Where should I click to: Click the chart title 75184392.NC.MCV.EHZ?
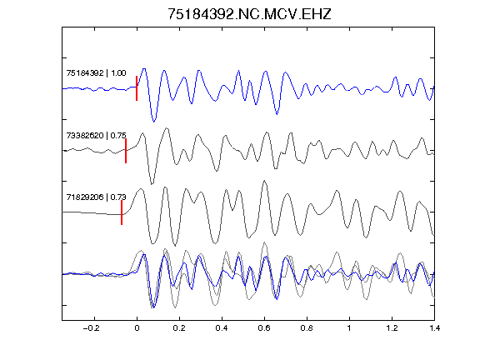point(249,14)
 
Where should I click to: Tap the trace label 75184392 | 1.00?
point(96,72)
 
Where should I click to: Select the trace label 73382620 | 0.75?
point(96,135)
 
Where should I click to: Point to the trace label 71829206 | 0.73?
point(96,197)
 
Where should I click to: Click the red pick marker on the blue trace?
point(137,88)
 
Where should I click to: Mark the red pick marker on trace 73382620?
point(126,151)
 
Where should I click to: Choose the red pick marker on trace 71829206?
point(122,212)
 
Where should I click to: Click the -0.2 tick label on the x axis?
point(92,328)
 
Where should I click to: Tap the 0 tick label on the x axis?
point(137,328)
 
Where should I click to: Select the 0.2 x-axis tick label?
point(179,328)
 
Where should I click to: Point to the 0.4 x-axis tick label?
point(222,328)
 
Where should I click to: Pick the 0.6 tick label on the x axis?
point(264,328)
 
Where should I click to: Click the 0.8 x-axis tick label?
point(307,328)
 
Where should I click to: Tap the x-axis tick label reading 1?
point(349,328)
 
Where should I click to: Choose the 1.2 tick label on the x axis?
point(392,328)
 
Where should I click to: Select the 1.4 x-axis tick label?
point(434,328)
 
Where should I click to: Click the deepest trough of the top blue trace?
point(154,122)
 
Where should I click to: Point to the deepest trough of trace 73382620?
point(152,183)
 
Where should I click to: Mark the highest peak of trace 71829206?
point(265,181)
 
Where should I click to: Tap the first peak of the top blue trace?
point(144,69)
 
